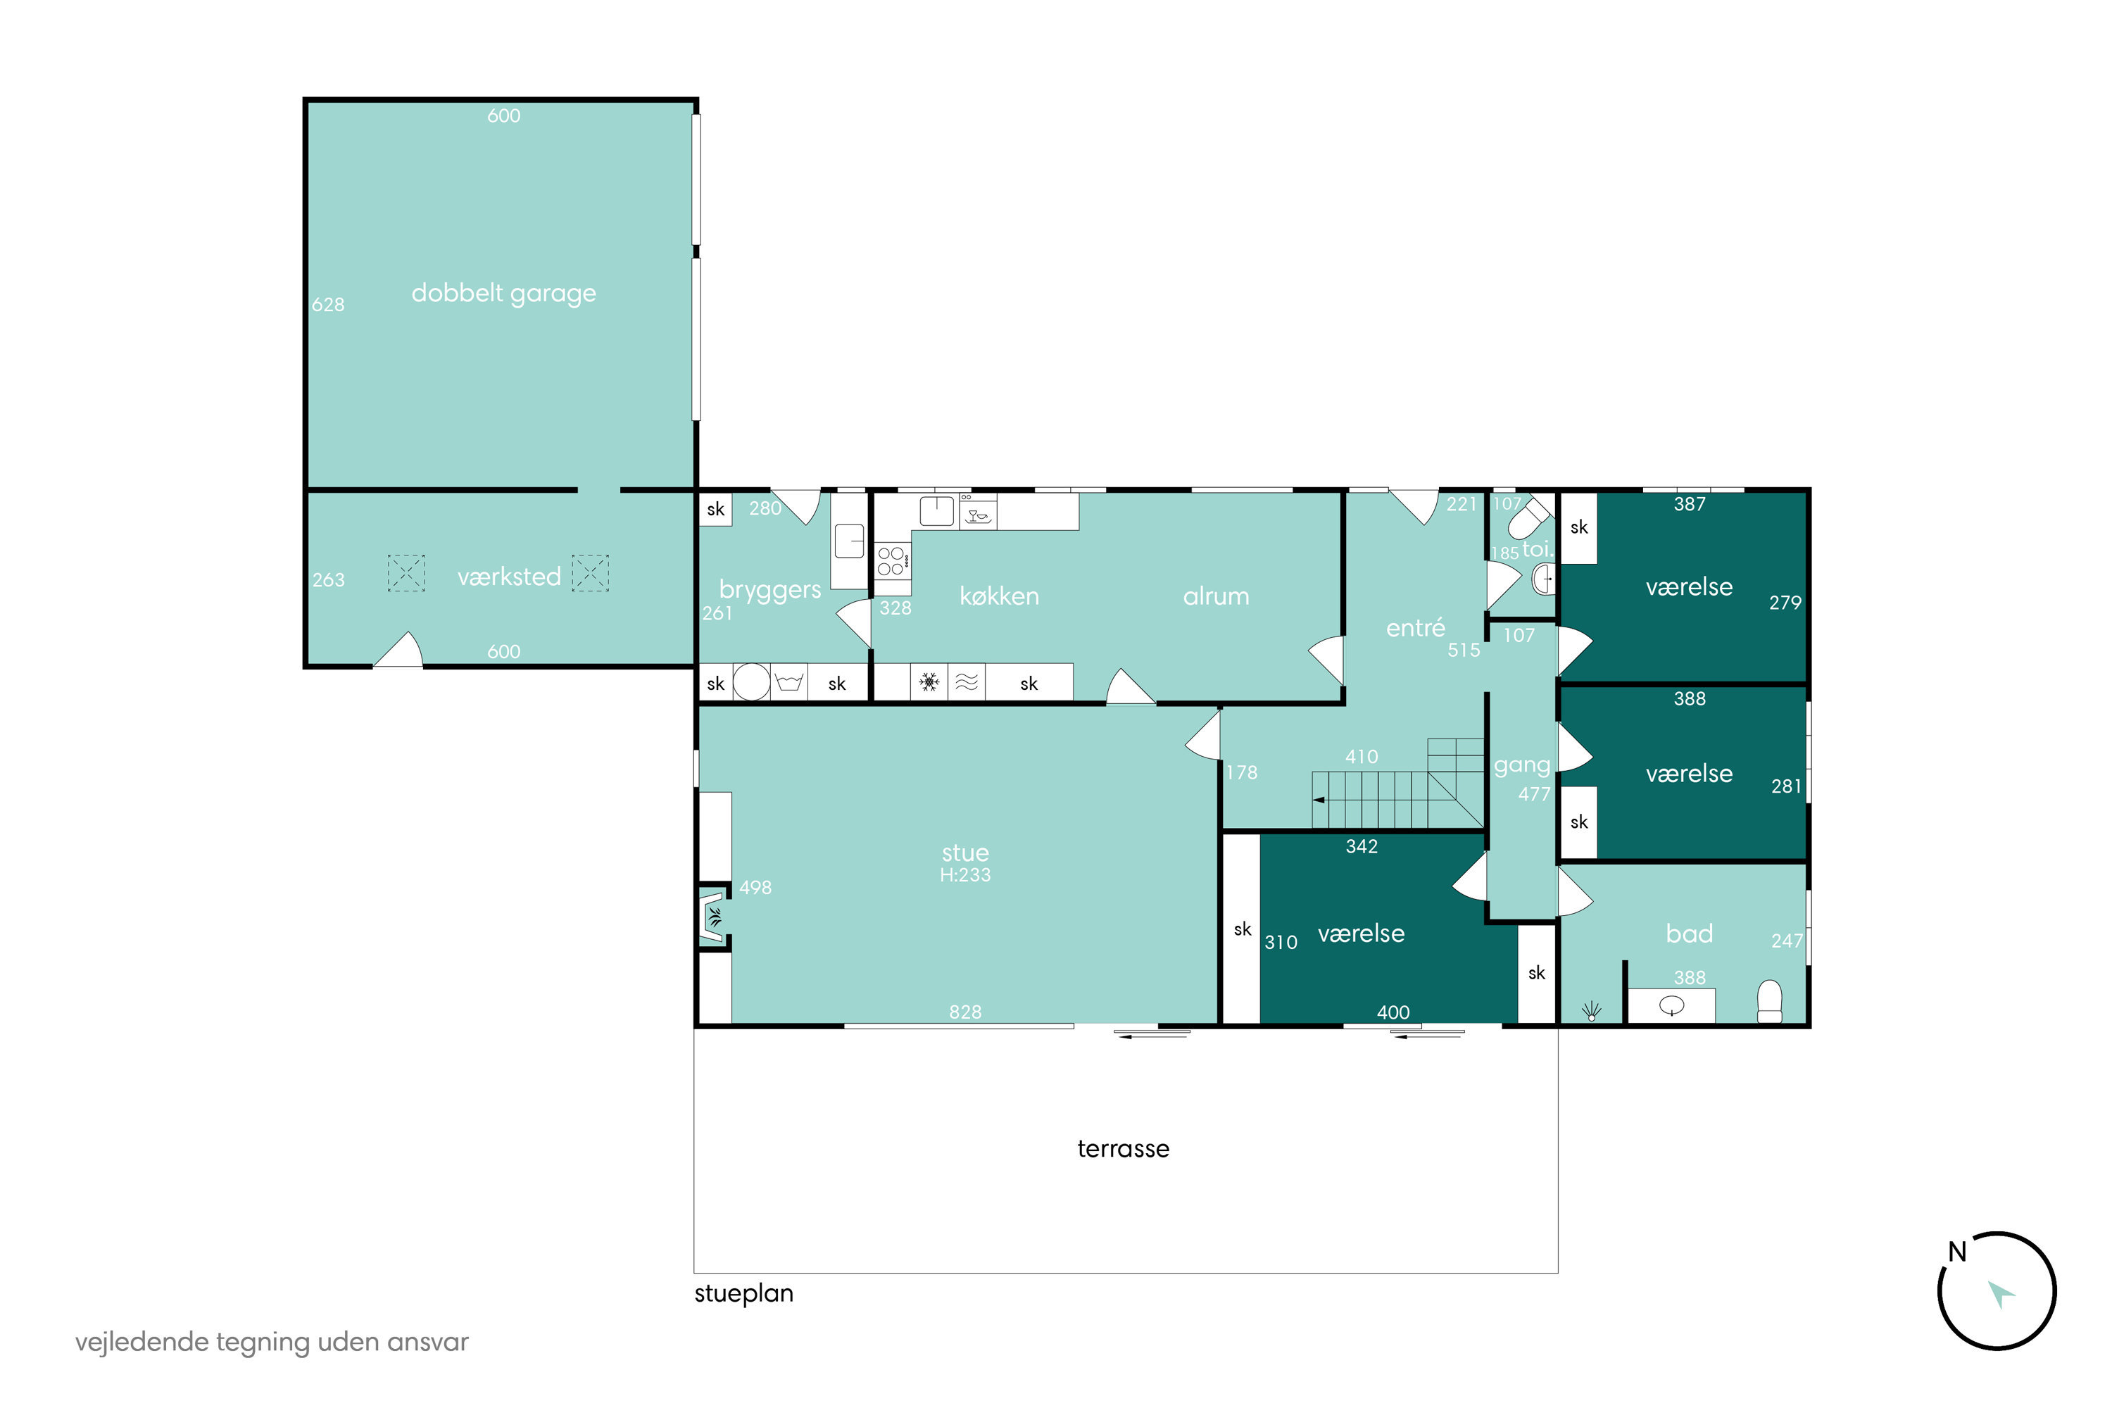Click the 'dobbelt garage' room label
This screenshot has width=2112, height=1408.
(x=504, y=294)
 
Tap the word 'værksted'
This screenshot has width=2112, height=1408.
(x=509, y=577)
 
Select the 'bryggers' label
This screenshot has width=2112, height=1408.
(x=769, y=590)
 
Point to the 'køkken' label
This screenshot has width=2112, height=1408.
(x=1000, y=596)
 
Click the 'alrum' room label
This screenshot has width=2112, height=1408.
(x=1216, y=596)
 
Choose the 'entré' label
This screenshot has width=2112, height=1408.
(x=1415, y=628)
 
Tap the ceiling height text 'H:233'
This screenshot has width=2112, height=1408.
(x=965, y=874)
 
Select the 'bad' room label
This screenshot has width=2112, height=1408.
(x=1689, y=934)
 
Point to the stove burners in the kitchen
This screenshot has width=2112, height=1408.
(x=892, y=561)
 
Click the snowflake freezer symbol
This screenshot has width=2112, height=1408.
(x=929, y=682)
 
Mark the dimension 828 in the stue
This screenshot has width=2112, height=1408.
(x=965, y=1012)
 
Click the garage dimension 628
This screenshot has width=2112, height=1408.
(x=328, y=304)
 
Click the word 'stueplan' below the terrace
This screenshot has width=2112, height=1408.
(x=743, y=1294)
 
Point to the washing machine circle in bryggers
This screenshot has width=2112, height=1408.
(x=752, y=682)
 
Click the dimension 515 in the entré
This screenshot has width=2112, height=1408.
(x=1464, y=650)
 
